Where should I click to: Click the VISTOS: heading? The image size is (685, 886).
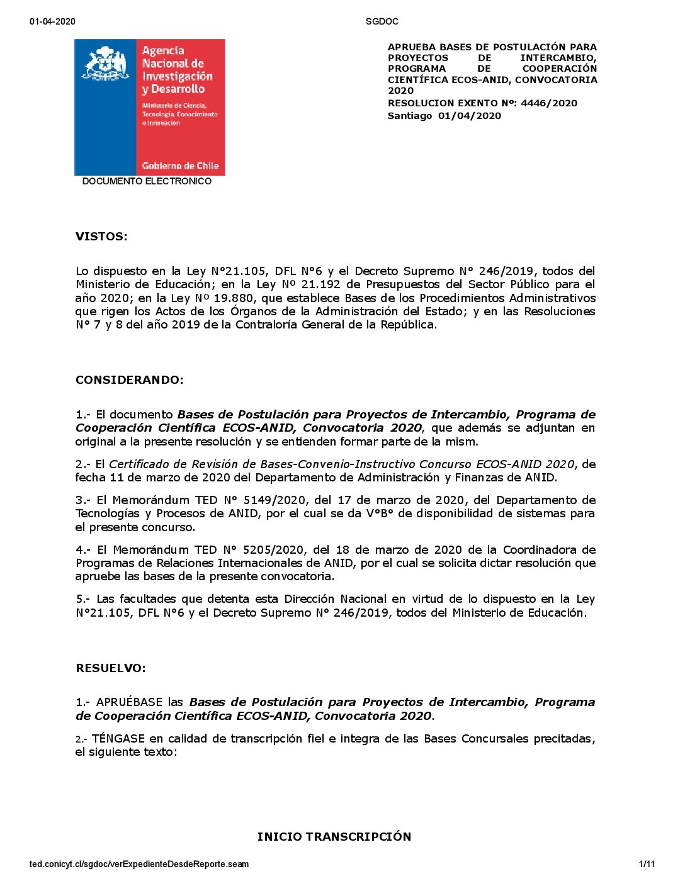pos(101,237)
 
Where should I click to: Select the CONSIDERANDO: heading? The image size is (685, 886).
pos(129,380)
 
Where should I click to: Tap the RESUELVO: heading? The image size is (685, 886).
pos(110,668)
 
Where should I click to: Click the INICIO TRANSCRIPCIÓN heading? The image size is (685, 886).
pos(334,836)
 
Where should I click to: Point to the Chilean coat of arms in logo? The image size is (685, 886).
pos(105,64)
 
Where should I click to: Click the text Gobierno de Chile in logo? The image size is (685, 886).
pos(180,166)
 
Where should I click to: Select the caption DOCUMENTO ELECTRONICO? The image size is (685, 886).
pos(147,181)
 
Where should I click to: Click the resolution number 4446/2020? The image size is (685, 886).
pos(548,103)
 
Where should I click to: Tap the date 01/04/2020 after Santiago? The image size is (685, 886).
pos(470,116)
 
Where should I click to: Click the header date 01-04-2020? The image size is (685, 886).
pos(52,21)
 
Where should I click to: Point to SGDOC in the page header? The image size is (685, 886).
pos(382,21)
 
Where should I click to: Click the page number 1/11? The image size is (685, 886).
pos(647,864)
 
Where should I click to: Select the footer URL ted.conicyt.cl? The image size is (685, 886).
pos(139,864)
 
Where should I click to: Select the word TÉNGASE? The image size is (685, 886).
pos(118,739)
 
